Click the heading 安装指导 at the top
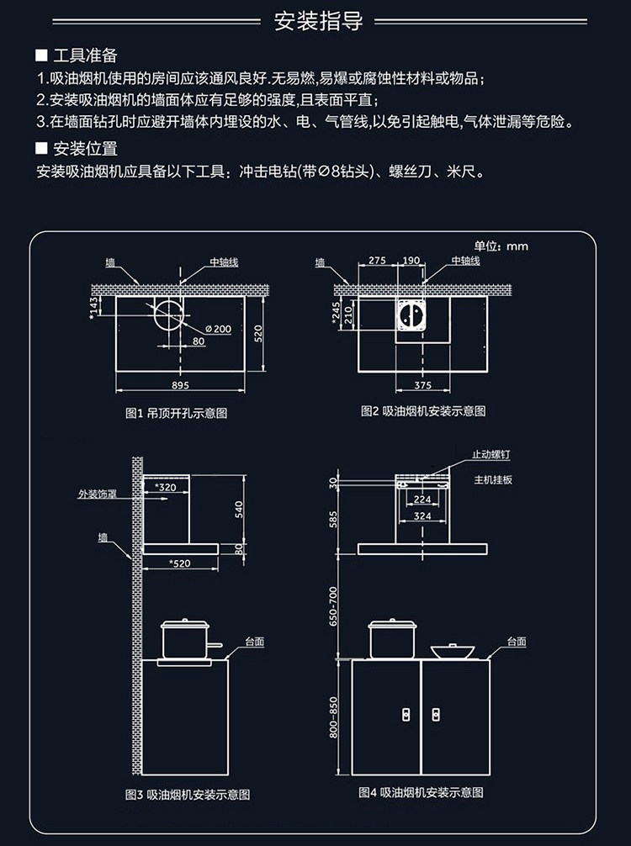coord(319,22)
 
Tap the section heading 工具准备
coord(84,56)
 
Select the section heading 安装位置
coord(84,150)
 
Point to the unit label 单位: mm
coord(501,246)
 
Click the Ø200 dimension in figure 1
coord(217,328)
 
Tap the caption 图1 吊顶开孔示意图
coord(176,413)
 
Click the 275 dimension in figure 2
coord(377,261)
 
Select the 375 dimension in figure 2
coord(423,385)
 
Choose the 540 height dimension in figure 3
coord(238,509)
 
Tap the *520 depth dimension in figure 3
coord(179,563)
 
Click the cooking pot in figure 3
coord(184,640)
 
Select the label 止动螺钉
coord(491,454)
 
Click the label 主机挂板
coord(493,479)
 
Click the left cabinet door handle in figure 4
coord(406,714)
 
